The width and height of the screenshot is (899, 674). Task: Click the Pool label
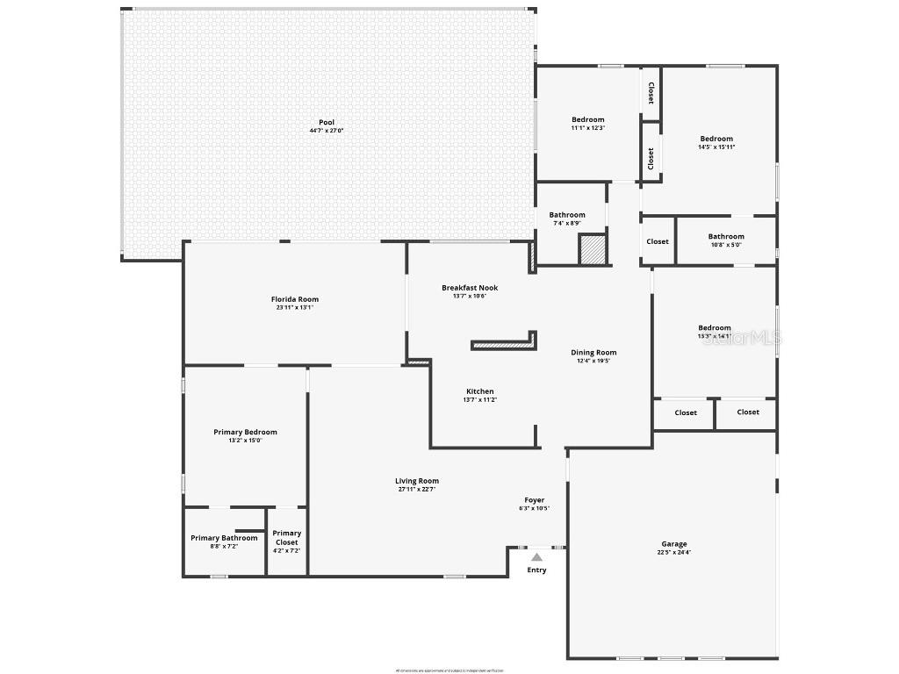tap(327, 123)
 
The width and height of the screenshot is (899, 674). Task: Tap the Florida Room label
tap(294, 299)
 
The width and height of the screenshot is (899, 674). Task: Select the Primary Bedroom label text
tap(245, 432)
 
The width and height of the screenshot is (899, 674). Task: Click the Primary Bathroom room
tap(224, 541)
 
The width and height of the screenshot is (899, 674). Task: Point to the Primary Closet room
tap(286, 541)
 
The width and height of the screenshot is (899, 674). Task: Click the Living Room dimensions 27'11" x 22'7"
tap(416, 490)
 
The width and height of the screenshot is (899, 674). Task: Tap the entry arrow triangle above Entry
tap(536, 556)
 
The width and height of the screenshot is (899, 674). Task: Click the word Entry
tap(536, 570)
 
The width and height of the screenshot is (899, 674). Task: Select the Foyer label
tap(535, 500)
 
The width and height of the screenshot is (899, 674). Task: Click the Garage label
tap(673, 544)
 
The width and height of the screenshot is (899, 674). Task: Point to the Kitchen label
tap(479, 391)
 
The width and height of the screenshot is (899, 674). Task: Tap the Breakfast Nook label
tap(470, 288)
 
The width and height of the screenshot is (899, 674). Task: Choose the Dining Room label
tap(593, 353)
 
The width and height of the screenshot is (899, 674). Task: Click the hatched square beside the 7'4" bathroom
tap(593, 248)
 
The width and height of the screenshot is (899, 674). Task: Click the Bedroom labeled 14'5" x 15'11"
tap(716, 139)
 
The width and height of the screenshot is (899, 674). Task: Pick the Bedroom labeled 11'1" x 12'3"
tap(587, 120)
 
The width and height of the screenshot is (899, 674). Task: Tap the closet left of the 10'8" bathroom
tap(658, 241)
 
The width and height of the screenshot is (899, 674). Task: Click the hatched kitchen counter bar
tap(503, 345)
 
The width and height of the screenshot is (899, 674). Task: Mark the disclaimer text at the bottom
tap(449, 670)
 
